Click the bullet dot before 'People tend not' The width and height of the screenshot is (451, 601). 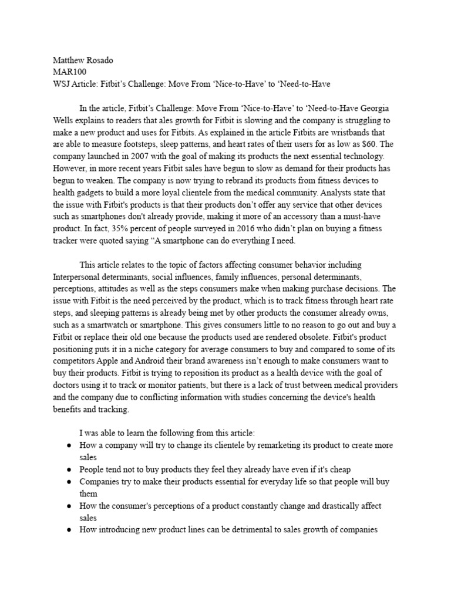point(69,470)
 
